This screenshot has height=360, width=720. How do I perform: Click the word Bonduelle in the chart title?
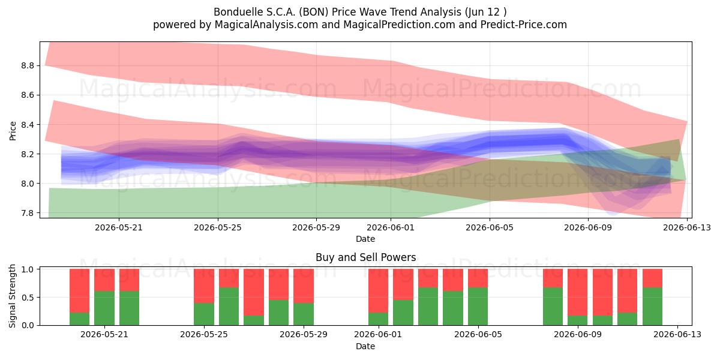pos(238,12)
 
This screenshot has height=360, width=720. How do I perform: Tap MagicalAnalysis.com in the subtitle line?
pos(266,25)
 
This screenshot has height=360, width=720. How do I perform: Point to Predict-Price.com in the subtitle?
pos(524,25)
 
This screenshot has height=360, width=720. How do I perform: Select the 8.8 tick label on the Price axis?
pos(28,66)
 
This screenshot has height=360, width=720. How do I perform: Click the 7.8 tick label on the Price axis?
pos(28,213)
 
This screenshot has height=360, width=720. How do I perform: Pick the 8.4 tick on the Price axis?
pos(28,125)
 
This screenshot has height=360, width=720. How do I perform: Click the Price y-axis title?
pos(13,131)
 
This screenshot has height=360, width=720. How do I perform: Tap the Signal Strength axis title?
pos(12,296)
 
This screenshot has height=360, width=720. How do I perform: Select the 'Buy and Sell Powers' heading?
pos(366,257)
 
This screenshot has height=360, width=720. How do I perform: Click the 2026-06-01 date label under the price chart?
pos(391,227)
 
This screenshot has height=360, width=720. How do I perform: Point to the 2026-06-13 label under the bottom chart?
pos(677,334)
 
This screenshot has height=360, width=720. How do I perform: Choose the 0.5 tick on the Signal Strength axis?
pos(28,298)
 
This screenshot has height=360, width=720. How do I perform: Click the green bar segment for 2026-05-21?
pos(104,308)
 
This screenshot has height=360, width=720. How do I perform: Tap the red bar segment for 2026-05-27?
pos(254,292)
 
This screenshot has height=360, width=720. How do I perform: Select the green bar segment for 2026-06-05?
pos(478,307)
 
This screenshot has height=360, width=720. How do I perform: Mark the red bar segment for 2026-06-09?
pos(577,292)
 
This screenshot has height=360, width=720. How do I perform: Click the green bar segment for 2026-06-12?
pos(652,307)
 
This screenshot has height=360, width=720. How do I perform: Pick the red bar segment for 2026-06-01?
pos(378,291)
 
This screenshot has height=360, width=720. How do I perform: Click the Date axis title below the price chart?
pos(365,239)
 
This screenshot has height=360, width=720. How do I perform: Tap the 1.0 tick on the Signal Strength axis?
pos(28,269)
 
